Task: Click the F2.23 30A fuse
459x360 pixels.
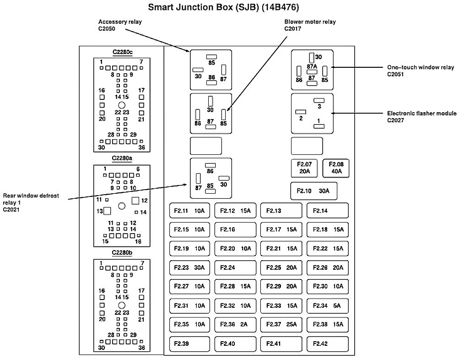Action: pos(189,267)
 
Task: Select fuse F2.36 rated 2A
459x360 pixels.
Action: pos(235,324)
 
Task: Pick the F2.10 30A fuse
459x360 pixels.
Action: pos(313,191)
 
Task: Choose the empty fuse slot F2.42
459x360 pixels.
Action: pos(328,343)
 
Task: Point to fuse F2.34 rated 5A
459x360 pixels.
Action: pos(328,305)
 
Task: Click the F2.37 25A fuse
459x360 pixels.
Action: pos(281,324)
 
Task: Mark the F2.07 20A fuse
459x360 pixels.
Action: pos(304,168)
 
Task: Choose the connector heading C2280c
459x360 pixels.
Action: pos(122,51)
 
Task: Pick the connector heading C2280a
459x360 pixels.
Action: pos(122,158)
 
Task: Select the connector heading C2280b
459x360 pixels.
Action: pos(122,252)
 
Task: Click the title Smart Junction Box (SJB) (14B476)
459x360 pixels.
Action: pos(224,8)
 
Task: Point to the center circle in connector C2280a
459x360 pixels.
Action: pos(122,206)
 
